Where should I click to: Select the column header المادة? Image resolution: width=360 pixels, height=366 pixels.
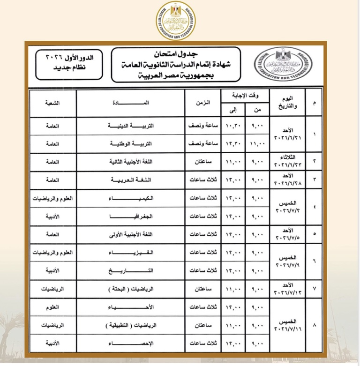[138, 103]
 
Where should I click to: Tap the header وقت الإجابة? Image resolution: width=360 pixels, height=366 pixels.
[247, 95]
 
